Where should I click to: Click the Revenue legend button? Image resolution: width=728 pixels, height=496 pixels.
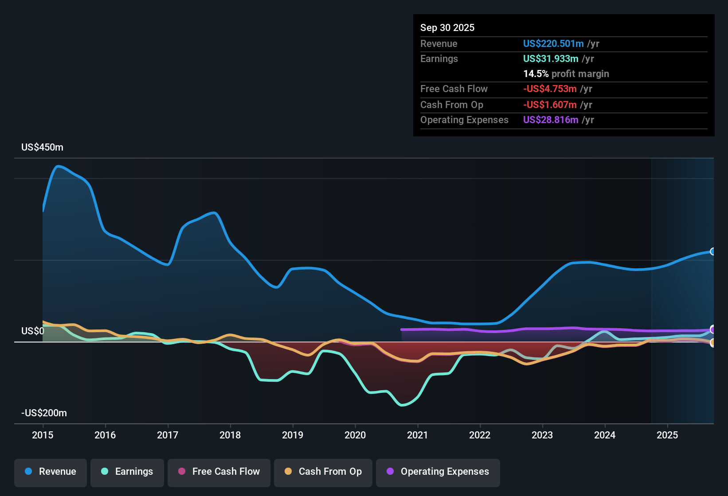pos(51,472)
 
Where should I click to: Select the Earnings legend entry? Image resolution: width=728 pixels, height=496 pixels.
pos(127,472)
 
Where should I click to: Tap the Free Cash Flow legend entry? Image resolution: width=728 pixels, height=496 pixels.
pos(219,472)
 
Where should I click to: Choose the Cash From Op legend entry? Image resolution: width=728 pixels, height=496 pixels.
pos(323,472)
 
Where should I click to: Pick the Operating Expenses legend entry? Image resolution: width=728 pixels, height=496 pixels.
pos(438,472)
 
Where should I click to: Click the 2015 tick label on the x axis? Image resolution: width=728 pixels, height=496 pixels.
pos(43,435)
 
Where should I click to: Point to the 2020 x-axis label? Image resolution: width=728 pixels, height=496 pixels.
pos(355,435)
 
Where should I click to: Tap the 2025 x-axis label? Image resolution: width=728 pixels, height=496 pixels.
pos(667,435)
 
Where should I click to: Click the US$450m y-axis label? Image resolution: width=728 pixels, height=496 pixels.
pos(42,147)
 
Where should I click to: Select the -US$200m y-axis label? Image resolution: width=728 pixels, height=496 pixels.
pos(44,413)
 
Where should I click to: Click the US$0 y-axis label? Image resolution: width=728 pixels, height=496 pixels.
pos(33,331)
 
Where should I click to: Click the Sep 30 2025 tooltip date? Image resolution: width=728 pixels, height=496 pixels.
pos(447,28)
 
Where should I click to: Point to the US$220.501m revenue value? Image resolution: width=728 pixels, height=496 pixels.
pos(553,44)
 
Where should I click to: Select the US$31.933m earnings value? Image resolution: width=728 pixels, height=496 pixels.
pos(550,59)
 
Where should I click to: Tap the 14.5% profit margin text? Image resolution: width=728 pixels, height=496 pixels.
pos(566,74)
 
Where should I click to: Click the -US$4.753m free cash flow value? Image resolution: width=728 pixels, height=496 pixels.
pos(549,89)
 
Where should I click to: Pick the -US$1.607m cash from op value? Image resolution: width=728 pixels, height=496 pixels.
pos(549,105)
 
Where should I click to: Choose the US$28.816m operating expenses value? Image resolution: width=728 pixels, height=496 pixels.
pos(550,120)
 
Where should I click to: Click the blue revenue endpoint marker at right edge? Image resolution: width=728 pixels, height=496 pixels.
pos(712,252)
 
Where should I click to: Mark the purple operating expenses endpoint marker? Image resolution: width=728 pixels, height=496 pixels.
pos(712,329)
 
